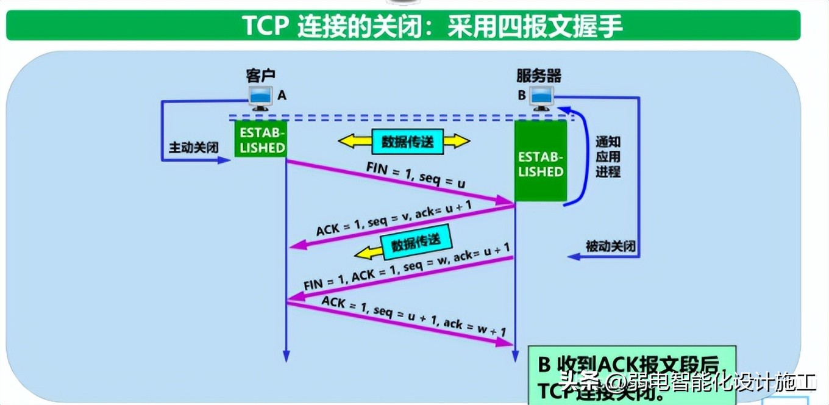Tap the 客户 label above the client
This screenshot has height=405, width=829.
[x=261, y=76]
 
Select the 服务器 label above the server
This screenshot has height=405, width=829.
[x=539, y=76]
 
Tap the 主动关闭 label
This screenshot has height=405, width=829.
[x=193, y=148]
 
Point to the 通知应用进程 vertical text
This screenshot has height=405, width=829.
[x=608, y=156]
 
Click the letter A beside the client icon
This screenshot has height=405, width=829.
[x=282, y=96]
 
